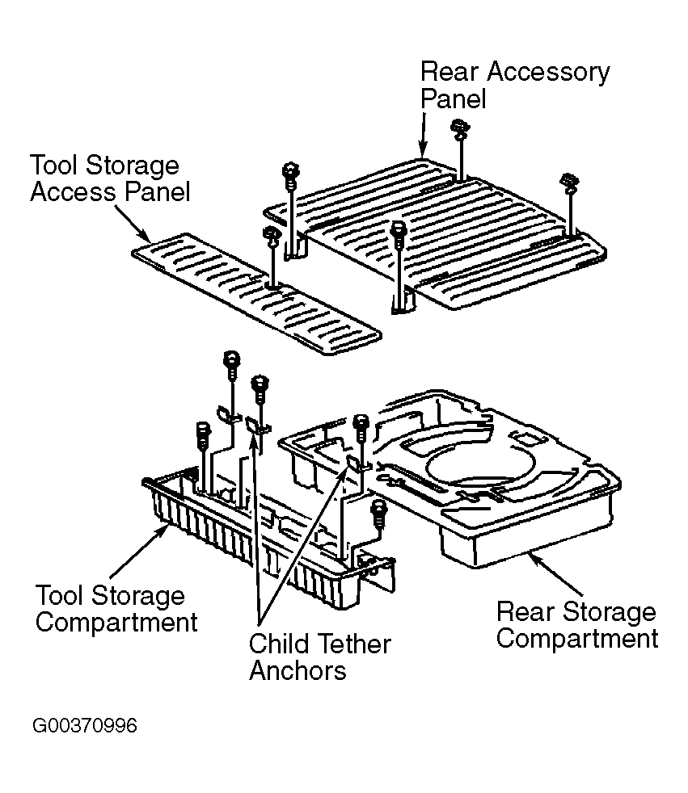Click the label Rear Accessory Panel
tap(515, 85)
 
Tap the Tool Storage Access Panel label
tap(110, 178)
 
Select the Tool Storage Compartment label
tap(116, 608)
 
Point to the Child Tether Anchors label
tap(320, 657)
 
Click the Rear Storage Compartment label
tap(577, 624)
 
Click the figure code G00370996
tap(85, 726)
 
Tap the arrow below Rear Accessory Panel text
tap(423, 134)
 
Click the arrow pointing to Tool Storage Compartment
tap(140, 551)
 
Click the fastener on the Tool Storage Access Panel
tap(272, 258)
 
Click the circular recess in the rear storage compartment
tap(480, 464)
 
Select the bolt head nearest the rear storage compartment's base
tap(378, 513)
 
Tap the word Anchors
tap(298, 671)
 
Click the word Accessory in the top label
tap(548, 73)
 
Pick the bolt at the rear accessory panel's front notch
tap(399, 267)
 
